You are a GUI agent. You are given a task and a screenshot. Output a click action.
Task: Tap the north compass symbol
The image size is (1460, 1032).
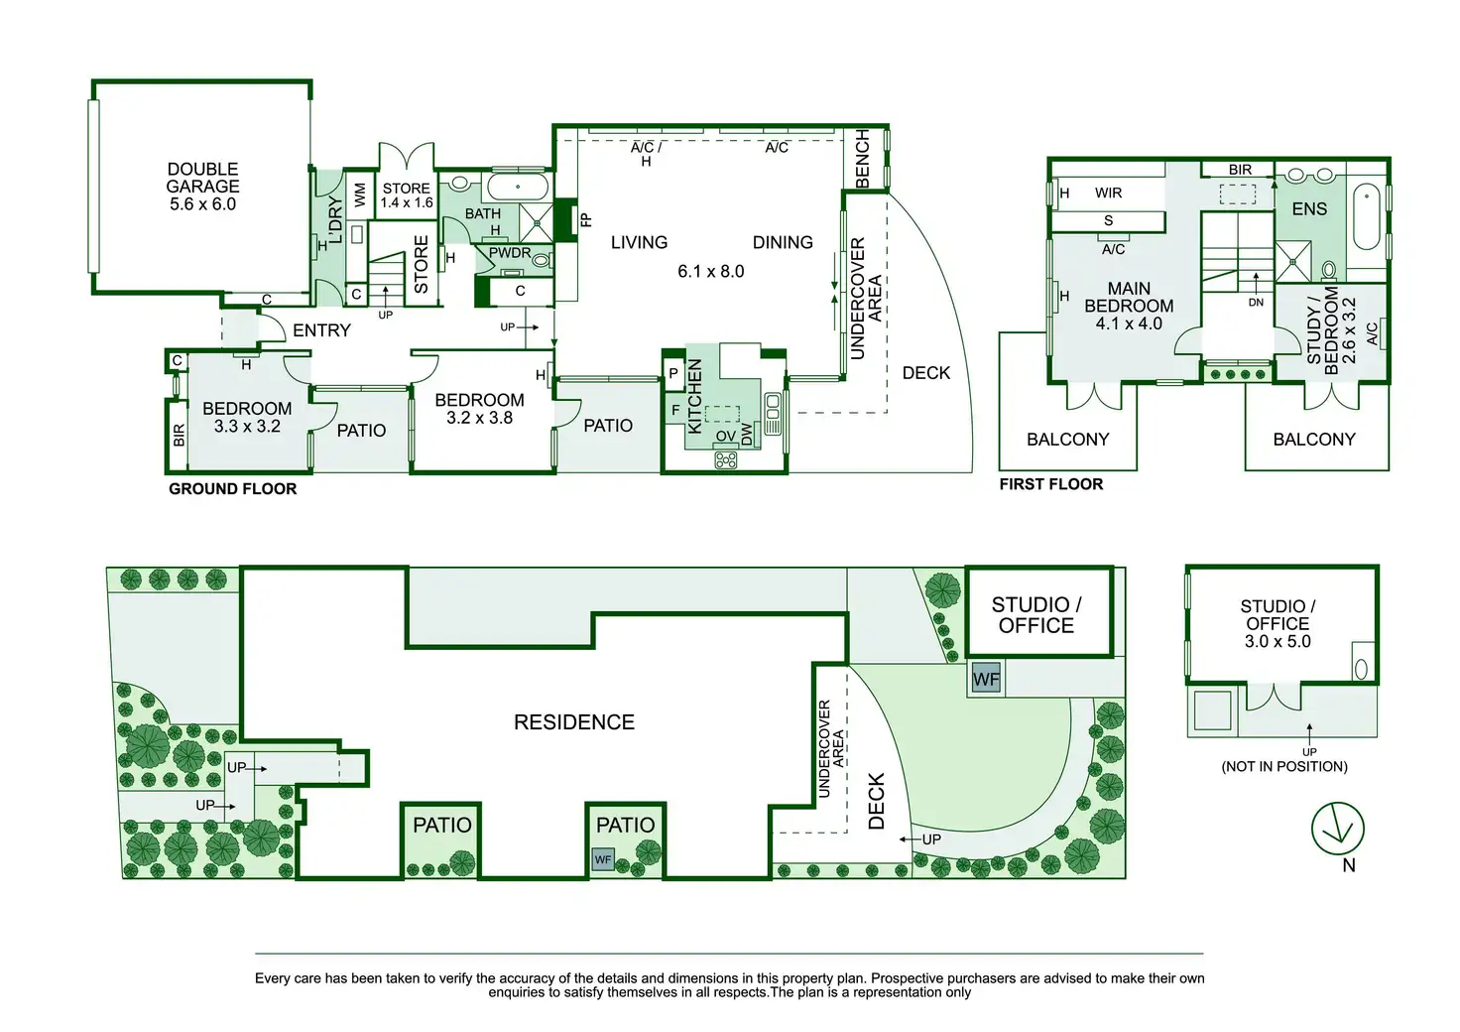click(x=1337, y=829)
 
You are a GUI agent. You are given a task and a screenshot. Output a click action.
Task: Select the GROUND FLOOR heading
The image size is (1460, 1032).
click(x=232, y=488)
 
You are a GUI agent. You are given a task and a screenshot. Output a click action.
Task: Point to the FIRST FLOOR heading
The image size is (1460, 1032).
click(x=1050, y=484)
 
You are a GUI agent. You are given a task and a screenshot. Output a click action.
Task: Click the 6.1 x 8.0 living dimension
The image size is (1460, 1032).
click(x=710, y=271)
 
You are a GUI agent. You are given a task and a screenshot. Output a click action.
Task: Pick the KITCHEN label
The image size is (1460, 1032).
click(x=695, y=396)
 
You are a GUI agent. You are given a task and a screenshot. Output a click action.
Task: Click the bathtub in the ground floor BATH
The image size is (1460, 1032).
click(x=517, y=187)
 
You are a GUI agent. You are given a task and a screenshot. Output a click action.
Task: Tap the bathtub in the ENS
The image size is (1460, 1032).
click(x=1366, y=216)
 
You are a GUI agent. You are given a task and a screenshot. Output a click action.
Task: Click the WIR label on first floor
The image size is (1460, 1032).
click(x=1108, y=193)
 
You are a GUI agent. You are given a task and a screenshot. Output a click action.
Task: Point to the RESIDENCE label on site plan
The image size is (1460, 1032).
click(x=573, y=722)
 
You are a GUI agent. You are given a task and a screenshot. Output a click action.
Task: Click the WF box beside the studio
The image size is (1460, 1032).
click(x=985, y=679)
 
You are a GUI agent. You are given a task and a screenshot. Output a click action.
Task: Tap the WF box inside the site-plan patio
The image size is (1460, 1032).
click(x=603, y=859)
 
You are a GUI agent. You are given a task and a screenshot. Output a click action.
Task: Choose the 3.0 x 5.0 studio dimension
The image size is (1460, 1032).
click(x=1277, y=641)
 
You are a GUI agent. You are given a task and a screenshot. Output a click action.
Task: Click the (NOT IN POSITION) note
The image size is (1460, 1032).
click(x=1283, y=766)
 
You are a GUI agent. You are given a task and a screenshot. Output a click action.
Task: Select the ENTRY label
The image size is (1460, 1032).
click(x=321, y=330)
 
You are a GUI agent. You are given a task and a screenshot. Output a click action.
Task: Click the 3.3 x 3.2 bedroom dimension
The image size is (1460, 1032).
click(x=247, y=427)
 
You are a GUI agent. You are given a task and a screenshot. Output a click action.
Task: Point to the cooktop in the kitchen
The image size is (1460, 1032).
click(x=726, y=460)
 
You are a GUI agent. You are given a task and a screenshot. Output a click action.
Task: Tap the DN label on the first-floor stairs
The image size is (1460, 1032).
click(x=1256, y=303)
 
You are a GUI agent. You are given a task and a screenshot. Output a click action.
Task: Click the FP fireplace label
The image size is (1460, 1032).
click(x=585, y=220)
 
